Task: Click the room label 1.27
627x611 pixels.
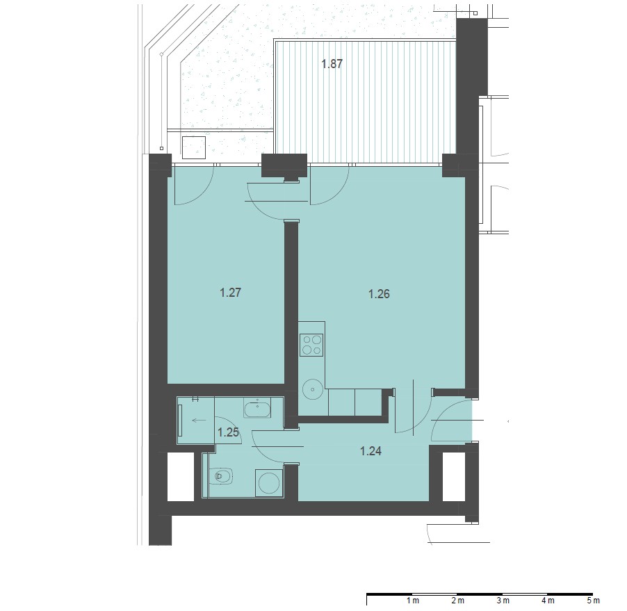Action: tap(230, 293)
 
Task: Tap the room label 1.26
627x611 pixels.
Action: tap(379, 294)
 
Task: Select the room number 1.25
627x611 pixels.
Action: tap(228, 432)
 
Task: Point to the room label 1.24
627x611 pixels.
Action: tap(370, 451)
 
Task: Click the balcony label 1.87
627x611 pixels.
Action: tap(332, 64)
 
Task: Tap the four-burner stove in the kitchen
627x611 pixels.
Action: tap(312, 345)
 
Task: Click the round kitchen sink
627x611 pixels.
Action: tap(313, 389)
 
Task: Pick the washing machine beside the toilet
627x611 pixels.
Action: tap(269, 483)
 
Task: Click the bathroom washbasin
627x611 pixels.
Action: tap(257, 409)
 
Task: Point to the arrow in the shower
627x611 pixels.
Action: tap(199, 421)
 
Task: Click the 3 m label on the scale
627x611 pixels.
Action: tap(503, 600)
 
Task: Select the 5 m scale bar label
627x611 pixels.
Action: tap(594, 600)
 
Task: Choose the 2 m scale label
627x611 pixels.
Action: tap(458, 600)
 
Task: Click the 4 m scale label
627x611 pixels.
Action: tap(548, 600)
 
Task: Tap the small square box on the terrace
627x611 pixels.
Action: tap(194, 147)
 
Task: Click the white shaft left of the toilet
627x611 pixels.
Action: tap(181, 476)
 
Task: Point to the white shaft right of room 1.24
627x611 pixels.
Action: tap(454, 476)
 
